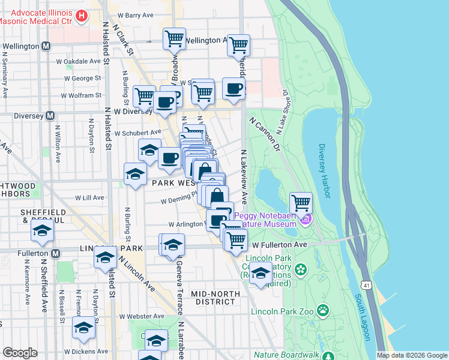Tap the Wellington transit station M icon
[x=46, y=46]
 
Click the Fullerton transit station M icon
[x=55, y=254]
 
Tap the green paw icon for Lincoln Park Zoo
[x=324, y=310]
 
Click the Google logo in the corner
[x=20, y=352]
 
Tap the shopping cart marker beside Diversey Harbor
[x=301, y=202]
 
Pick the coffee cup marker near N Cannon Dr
[x=234, y=88]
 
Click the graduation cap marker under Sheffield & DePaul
[x=42, y=232]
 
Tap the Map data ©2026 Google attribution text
[x=411, y=355]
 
